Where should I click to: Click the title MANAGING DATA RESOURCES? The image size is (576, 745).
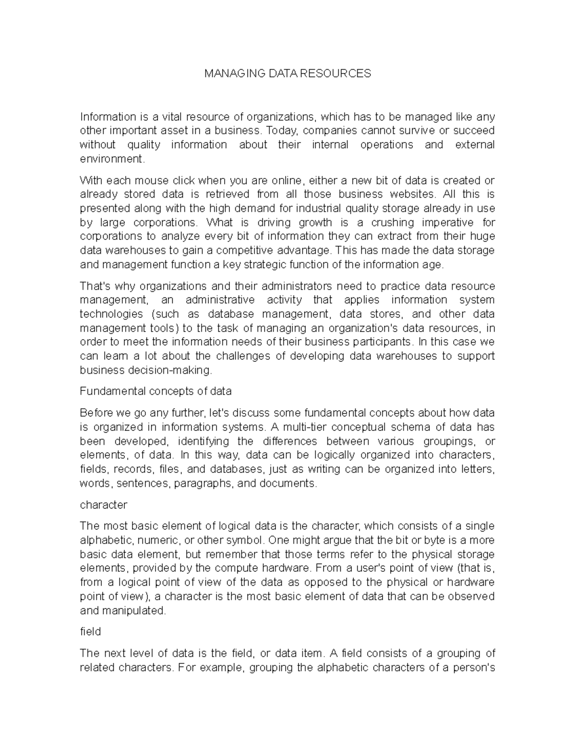coord(288,73)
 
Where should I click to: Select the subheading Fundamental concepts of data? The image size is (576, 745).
coord(156,391)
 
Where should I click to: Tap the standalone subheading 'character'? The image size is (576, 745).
coord(103,505)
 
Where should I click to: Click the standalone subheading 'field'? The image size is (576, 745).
coord(90,631)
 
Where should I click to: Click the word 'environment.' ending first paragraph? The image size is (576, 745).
coord(112,158)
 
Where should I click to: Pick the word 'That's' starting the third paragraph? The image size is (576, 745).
coord(95,286)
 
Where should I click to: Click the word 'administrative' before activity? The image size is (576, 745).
coord(220,300)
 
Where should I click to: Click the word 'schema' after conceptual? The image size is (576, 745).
coord(416,427)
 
